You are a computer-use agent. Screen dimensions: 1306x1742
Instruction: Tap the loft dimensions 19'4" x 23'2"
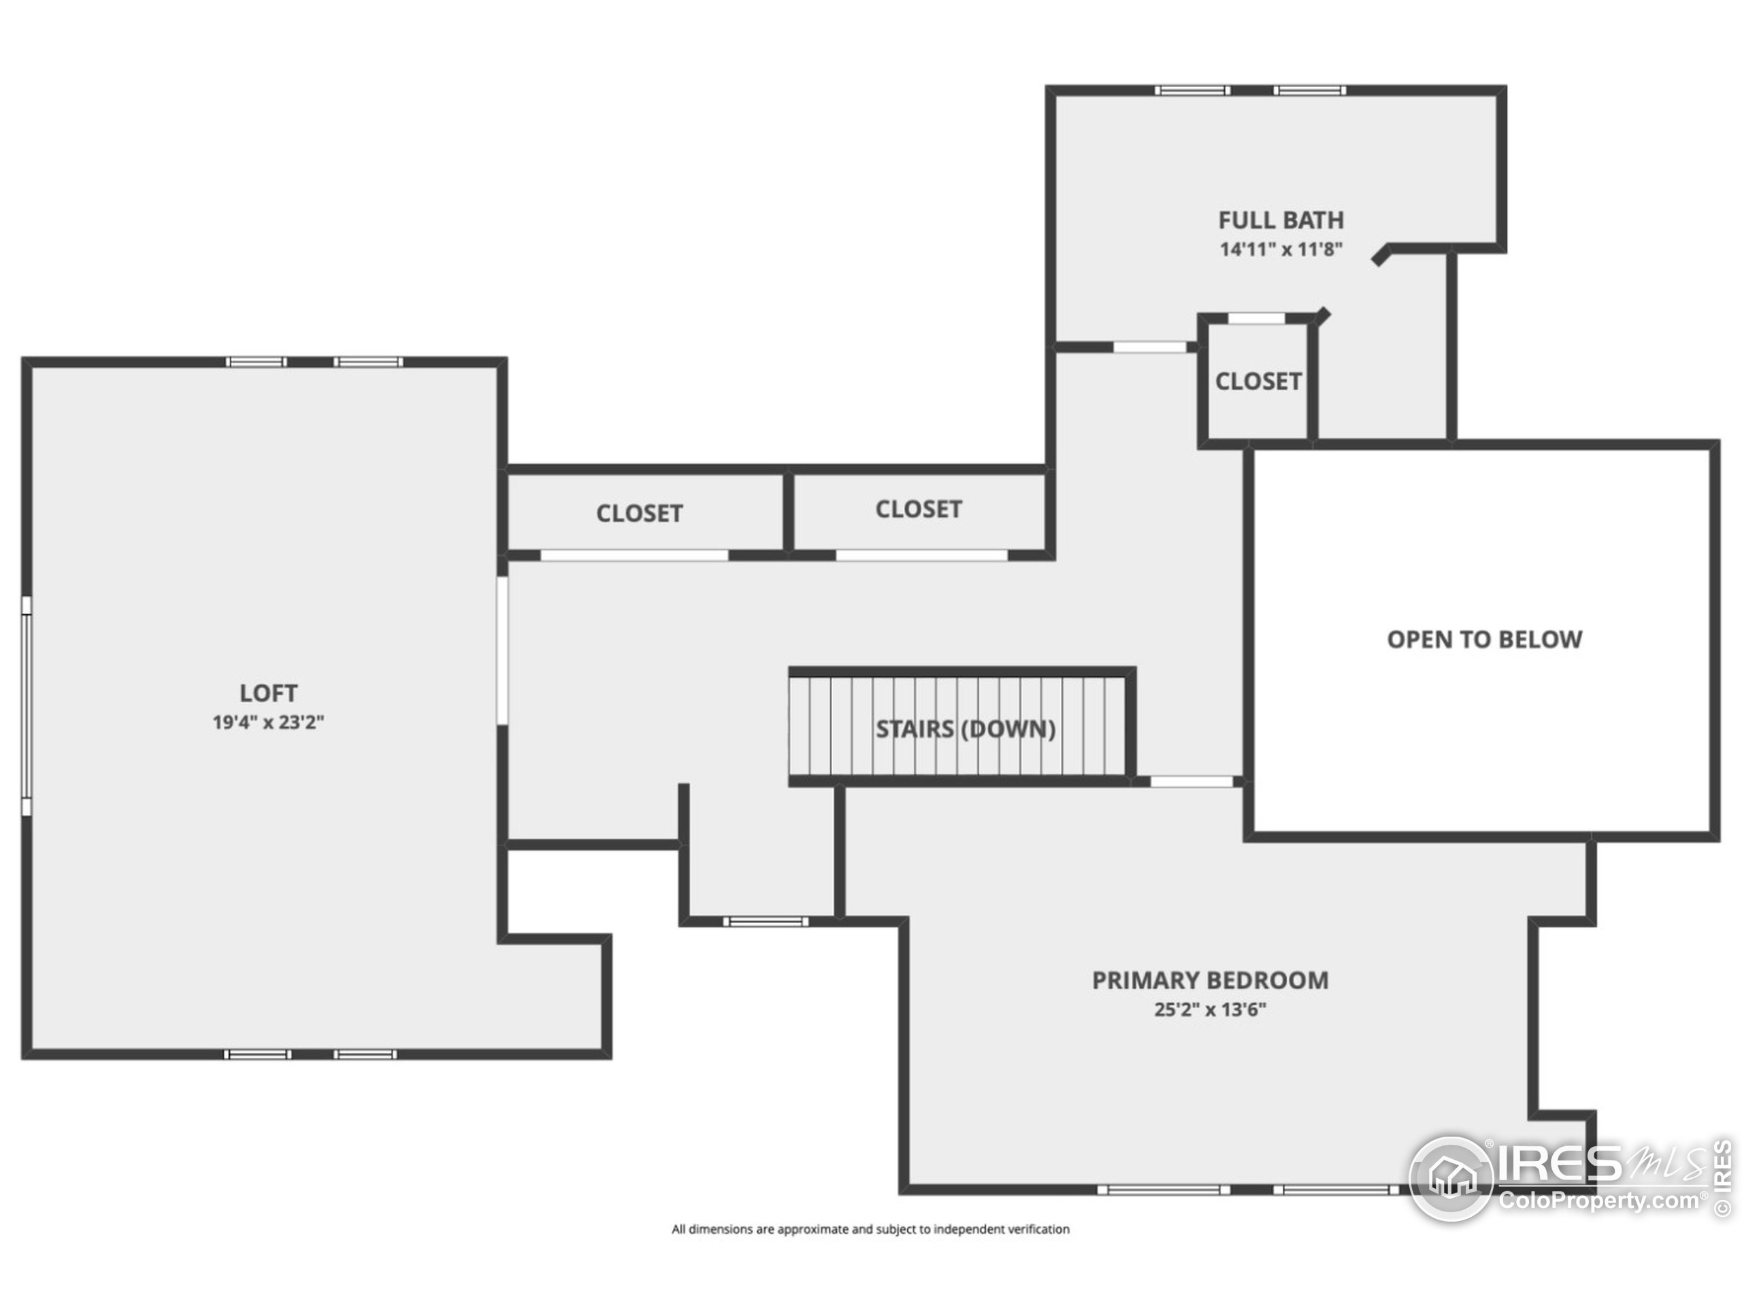(269, 722)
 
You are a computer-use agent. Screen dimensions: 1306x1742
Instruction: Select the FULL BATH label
(1281, 220)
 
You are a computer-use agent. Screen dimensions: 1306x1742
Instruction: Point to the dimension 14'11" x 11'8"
(1281, 249)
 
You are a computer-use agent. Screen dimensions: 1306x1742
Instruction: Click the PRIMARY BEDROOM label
(1210, 980)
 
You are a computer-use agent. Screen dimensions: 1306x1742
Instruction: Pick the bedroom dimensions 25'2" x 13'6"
(1210, 1009)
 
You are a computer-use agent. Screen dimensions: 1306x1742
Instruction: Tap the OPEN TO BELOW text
(1483, 639)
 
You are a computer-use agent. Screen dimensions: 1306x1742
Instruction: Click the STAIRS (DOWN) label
(966, 729)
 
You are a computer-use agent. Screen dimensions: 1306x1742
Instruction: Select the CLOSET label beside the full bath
(1258, 381)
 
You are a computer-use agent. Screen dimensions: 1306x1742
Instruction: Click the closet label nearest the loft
(639, 514)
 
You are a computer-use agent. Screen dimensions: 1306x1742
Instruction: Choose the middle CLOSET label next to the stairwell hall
(918, 509)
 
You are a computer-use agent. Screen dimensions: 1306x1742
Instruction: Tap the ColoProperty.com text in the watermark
(1598, 1201)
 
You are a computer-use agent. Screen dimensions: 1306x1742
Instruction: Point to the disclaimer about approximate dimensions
(870, 1229)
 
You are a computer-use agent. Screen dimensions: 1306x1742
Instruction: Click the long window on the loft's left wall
(27, 705)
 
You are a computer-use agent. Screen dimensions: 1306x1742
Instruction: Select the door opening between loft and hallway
(502, 650)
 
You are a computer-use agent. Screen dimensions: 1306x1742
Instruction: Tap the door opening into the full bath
(1149, 347)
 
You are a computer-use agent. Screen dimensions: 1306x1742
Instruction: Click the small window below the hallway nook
(766, 921)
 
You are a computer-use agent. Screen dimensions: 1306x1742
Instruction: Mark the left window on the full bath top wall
(1192, 90)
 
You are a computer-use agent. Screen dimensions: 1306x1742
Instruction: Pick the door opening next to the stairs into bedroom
(1191, 782)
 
